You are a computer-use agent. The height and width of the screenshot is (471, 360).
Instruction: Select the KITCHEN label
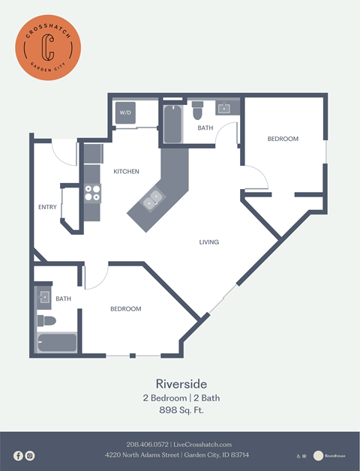[x=126, y=172]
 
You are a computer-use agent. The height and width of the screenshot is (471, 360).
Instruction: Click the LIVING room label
[x=209, y=242]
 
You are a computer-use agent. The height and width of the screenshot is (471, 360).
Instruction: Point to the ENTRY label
[x=47, y=207]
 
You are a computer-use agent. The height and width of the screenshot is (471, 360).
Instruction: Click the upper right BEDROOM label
[x=283, y=139]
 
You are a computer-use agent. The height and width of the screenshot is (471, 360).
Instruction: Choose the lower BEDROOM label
[x=126, y=309]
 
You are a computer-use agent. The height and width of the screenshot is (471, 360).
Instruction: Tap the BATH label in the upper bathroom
[x=205, y=128]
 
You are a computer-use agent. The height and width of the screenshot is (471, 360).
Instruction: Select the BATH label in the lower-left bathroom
[x=63, y=298]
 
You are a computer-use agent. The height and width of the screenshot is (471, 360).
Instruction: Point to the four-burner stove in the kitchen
[x=92, y=193]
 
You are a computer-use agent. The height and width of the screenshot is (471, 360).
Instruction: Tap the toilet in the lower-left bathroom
[x=46, y=321]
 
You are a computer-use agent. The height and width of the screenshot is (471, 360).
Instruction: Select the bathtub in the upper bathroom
[x=172, y=124]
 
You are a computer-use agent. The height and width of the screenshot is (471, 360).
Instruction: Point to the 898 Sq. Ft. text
[x=180, y=410]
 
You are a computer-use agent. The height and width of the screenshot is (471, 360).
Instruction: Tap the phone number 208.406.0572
[x=148, y=445]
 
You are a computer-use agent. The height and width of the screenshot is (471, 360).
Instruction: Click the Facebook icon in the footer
[x=18, y=455]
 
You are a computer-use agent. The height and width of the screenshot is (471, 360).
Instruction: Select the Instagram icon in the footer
[x=30, y=455]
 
